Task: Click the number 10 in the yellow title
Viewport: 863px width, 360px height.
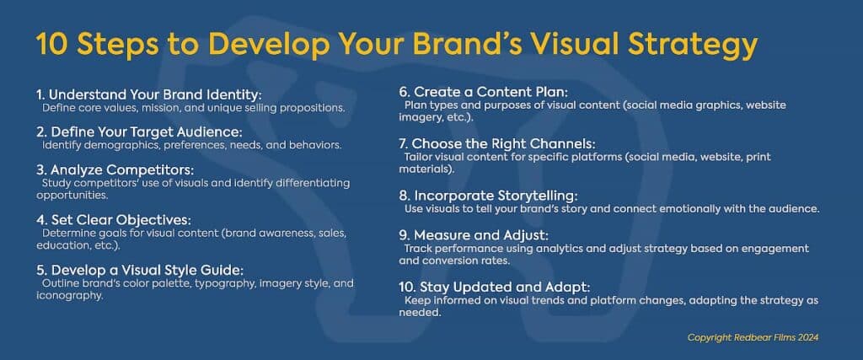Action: (51, 45)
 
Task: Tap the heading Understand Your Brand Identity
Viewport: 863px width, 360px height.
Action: (148, 94)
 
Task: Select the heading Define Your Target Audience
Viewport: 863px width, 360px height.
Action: (140, 132)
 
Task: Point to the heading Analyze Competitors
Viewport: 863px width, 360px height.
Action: (115, 170)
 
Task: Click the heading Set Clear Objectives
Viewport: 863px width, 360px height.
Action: (114, 220)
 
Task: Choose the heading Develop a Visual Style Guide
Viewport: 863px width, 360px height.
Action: (140, 271)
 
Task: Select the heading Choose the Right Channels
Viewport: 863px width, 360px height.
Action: (497, 144)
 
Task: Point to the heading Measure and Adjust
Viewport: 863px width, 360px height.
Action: (474, 235)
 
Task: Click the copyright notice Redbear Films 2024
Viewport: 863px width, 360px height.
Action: (753, 337)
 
